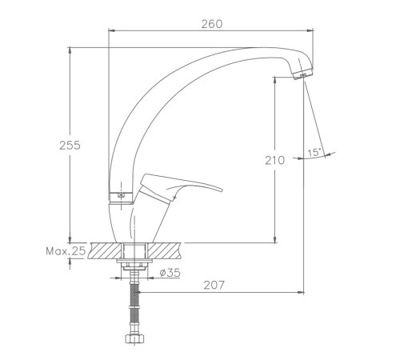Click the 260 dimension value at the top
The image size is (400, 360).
click(212, 24)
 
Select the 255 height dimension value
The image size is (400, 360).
click(70, 146)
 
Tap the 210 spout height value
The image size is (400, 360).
click(274, 160)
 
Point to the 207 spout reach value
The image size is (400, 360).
click(214, 285)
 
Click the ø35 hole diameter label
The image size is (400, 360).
click(170, 273)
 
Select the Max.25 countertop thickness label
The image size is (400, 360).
click(66, 251)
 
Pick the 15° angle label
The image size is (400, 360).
click(314, 153)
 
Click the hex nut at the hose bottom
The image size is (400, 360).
click(135, 338)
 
